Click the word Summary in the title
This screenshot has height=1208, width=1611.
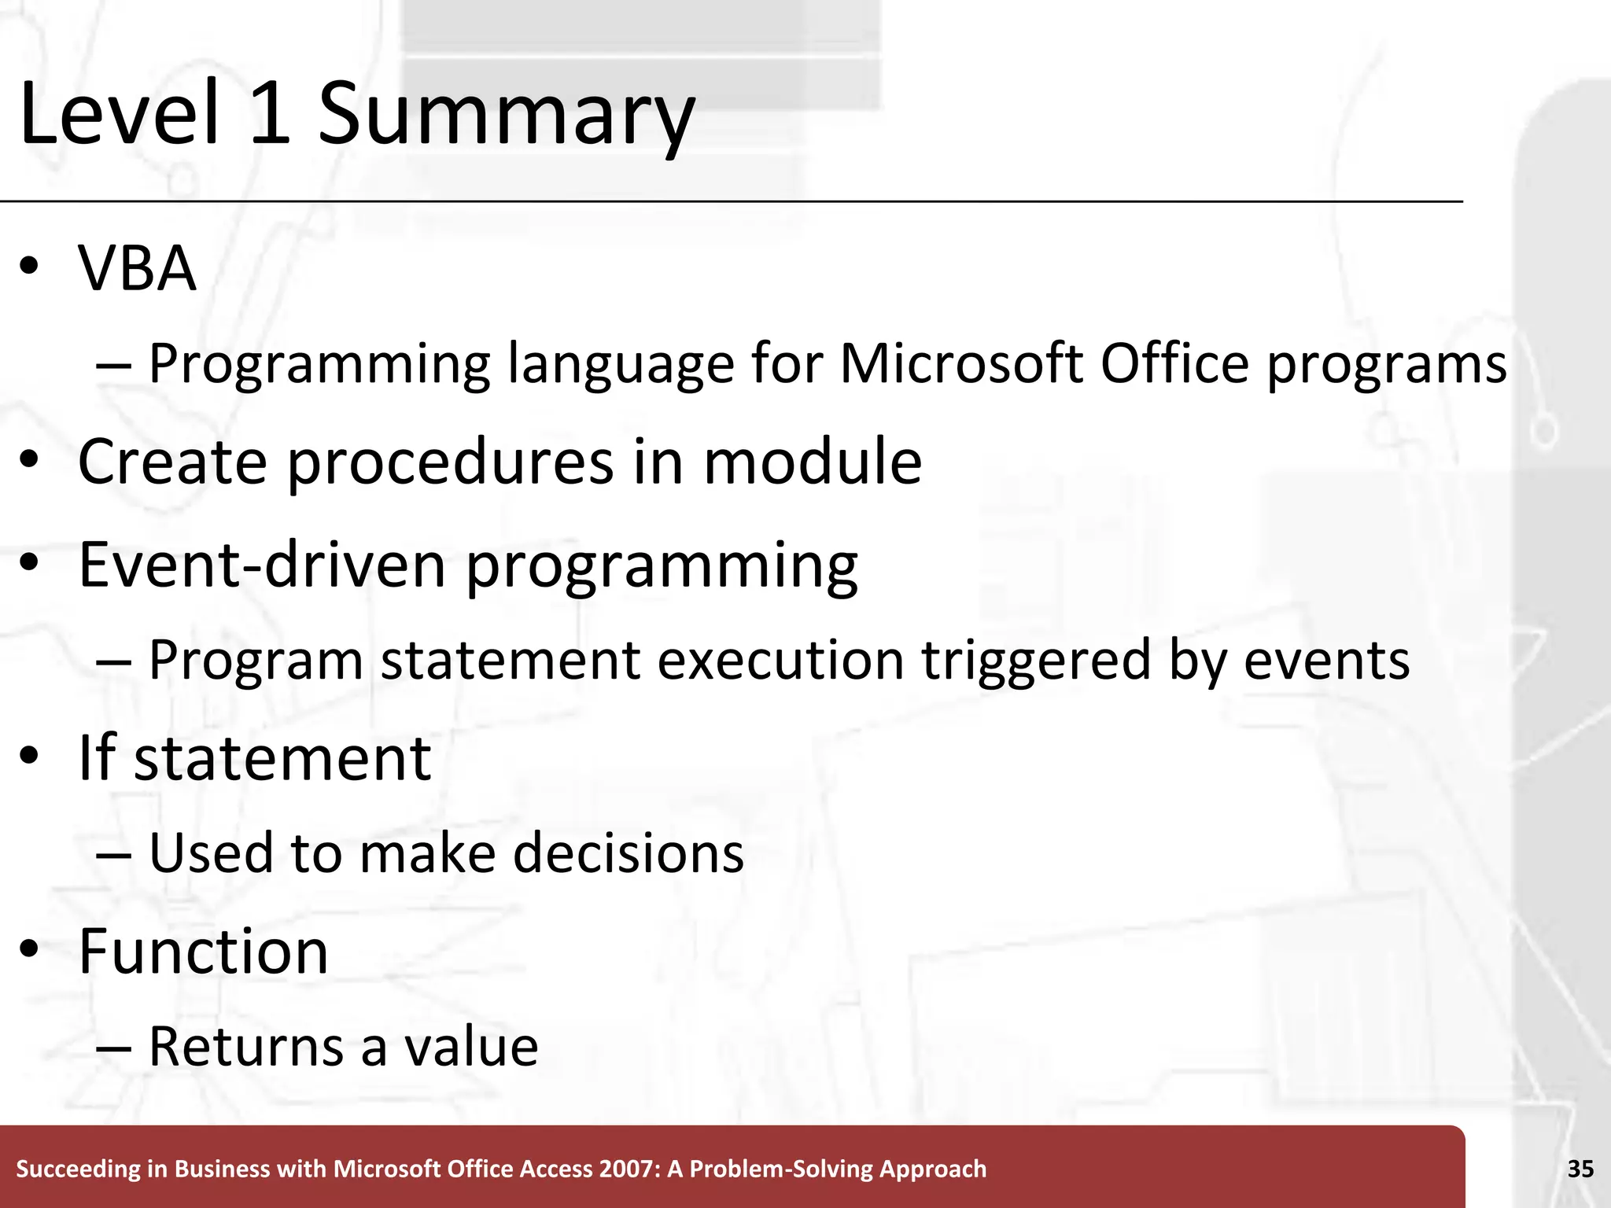click(506, 116)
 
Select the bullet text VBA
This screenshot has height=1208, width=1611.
click(137, 269)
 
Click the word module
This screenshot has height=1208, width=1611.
click(812, 462)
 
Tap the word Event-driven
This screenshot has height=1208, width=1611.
click(262, 565)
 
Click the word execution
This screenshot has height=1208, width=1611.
click(780, 659)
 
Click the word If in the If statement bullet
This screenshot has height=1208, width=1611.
click(97, 757)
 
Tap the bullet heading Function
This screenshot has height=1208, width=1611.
click(203, 952)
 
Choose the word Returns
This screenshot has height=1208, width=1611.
click(246, 1047)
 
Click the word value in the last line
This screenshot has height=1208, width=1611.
click(471, 1047)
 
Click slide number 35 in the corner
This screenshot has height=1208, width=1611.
click(1580, 1169)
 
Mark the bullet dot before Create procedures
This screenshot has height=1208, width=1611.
click(29, 462)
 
